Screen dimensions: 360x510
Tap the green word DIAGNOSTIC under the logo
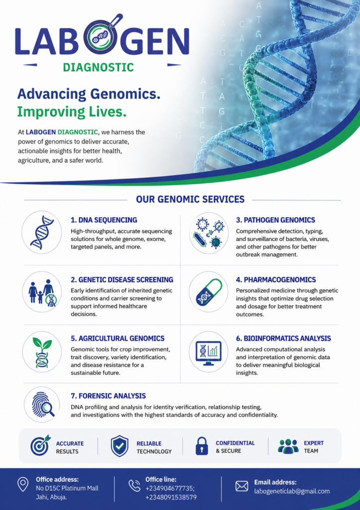click(x=98, y=67)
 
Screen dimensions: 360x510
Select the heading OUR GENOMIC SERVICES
click(x=190, y=199)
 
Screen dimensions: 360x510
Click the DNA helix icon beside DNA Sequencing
click(x=42, y=232)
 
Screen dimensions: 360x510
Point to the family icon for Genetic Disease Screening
click(x=42, y=292)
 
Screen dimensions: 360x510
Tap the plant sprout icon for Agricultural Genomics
click(x=42, y=352)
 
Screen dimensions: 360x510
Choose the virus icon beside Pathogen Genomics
click(x=209, y=233)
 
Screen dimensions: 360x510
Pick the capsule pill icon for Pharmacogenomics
click(x=209, y=292)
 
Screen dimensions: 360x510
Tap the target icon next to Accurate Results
click(x=40, y=445)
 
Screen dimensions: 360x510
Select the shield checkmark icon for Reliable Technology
click(x=120, y=446)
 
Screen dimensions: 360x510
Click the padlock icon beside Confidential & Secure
click(x=202, y=446)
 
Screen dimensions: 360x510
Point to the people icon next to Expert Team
click(x=288, y=446)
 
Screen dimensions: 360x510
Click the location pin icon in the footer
click(x=22, y=485)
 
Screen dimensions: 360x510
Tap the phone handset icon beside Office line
click(x=134, y=485)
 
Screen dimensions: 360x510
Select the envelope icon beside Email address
click(x=241, y=486)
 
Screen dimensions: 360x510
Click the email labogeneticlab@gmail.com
click(x=292, y=492)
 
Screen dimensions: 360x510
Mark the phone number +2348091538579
click(x=171, y=498)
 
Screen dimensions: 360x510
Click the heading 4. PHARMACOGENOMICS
click(x=276, y=280)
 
